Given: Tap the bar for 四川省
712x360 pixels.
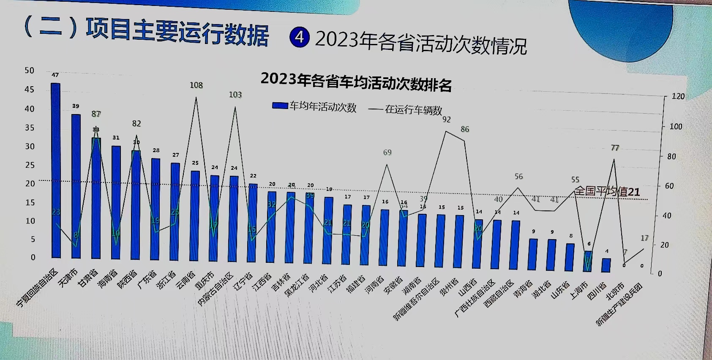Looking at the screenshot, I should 606,265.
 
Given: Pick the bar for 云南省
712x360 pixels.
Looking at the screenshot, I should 195,215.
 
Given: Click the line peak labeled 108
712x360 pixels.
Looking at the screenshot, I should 196,98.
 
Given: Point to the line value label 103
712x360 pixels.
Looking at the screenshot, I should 235,95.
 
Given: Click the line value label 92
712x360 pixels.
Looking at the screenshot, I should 447,120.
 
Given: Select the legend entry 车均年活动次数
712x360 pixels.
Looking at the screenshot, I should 314,107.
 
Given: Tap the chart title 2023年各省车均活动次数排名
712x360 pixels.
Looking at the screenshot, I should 356,81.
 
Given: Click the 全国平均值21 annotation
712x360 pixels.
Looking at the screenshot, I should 607,191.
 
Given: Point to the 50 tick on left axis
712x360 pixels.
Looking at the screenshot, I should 29,71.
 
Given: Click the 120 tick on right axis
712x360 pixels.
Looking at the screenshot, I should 678,96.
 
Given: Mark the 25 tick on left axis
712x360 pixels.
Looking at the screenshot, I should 30,165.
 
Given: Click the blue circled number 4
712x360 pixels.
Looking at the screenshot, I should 299,37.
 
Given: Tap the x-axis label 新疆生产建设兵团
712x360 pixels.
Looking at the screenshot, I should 619,304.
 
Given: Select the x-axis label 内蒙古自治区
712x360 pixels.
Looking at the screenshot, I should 216,289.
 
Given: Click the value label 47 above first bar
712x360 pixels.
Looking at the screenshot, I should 55,75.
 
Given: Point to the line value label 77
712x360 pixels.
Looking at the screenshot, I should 615,148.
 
